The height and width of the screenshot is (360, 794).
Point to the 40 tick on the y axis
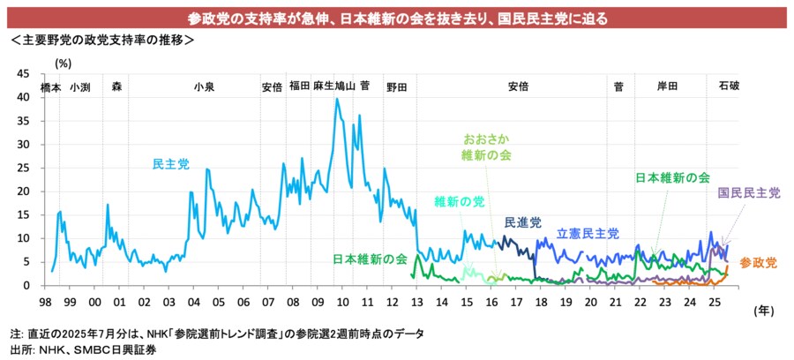point(24,97)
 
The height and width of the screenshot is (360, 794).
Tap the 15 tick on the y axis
point(24,214)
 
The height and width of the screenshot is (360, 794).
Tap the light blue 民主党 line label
point(170,164)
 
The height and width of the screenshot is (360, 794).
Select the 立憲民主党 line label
point(588,234)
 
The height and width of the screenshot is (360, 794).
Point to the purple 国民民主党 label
point(749,192)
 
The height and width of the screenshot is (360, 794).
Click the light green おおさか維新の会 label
point(486,147)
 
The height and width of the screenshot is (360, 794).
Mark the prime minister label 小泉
point(204,86)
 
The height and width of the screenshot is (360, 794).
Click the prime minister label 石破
point(729,86)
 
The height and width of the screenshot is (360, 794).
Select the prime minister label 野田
point(396,86)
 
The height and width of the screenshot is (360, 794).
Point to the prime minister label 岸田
point(668,86)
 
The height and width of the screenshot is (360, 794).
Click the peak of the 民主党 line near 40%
point(337,99)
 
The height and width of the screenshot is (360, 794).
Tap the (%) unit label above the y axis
point(64,63)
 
